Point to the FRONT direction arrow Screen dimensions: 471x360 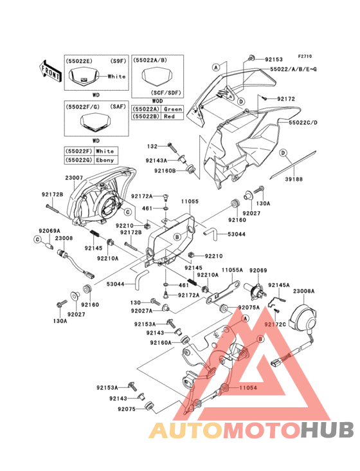tap(51, 68)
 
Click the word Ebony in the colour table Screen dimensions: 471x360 tap(104, 158)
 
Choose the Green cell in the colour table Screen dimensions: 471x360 tap(172, 109)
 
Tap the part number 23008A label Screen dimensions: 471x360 tap(304, 291)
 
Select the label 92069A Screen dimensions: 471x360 tap(49, 230)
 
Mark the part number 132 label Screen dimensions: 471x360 tap(152, 147)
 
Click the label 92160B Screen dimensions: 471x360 tap(165, 171)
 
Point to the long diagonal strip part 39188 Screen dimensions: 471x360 tap(296, 165)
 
